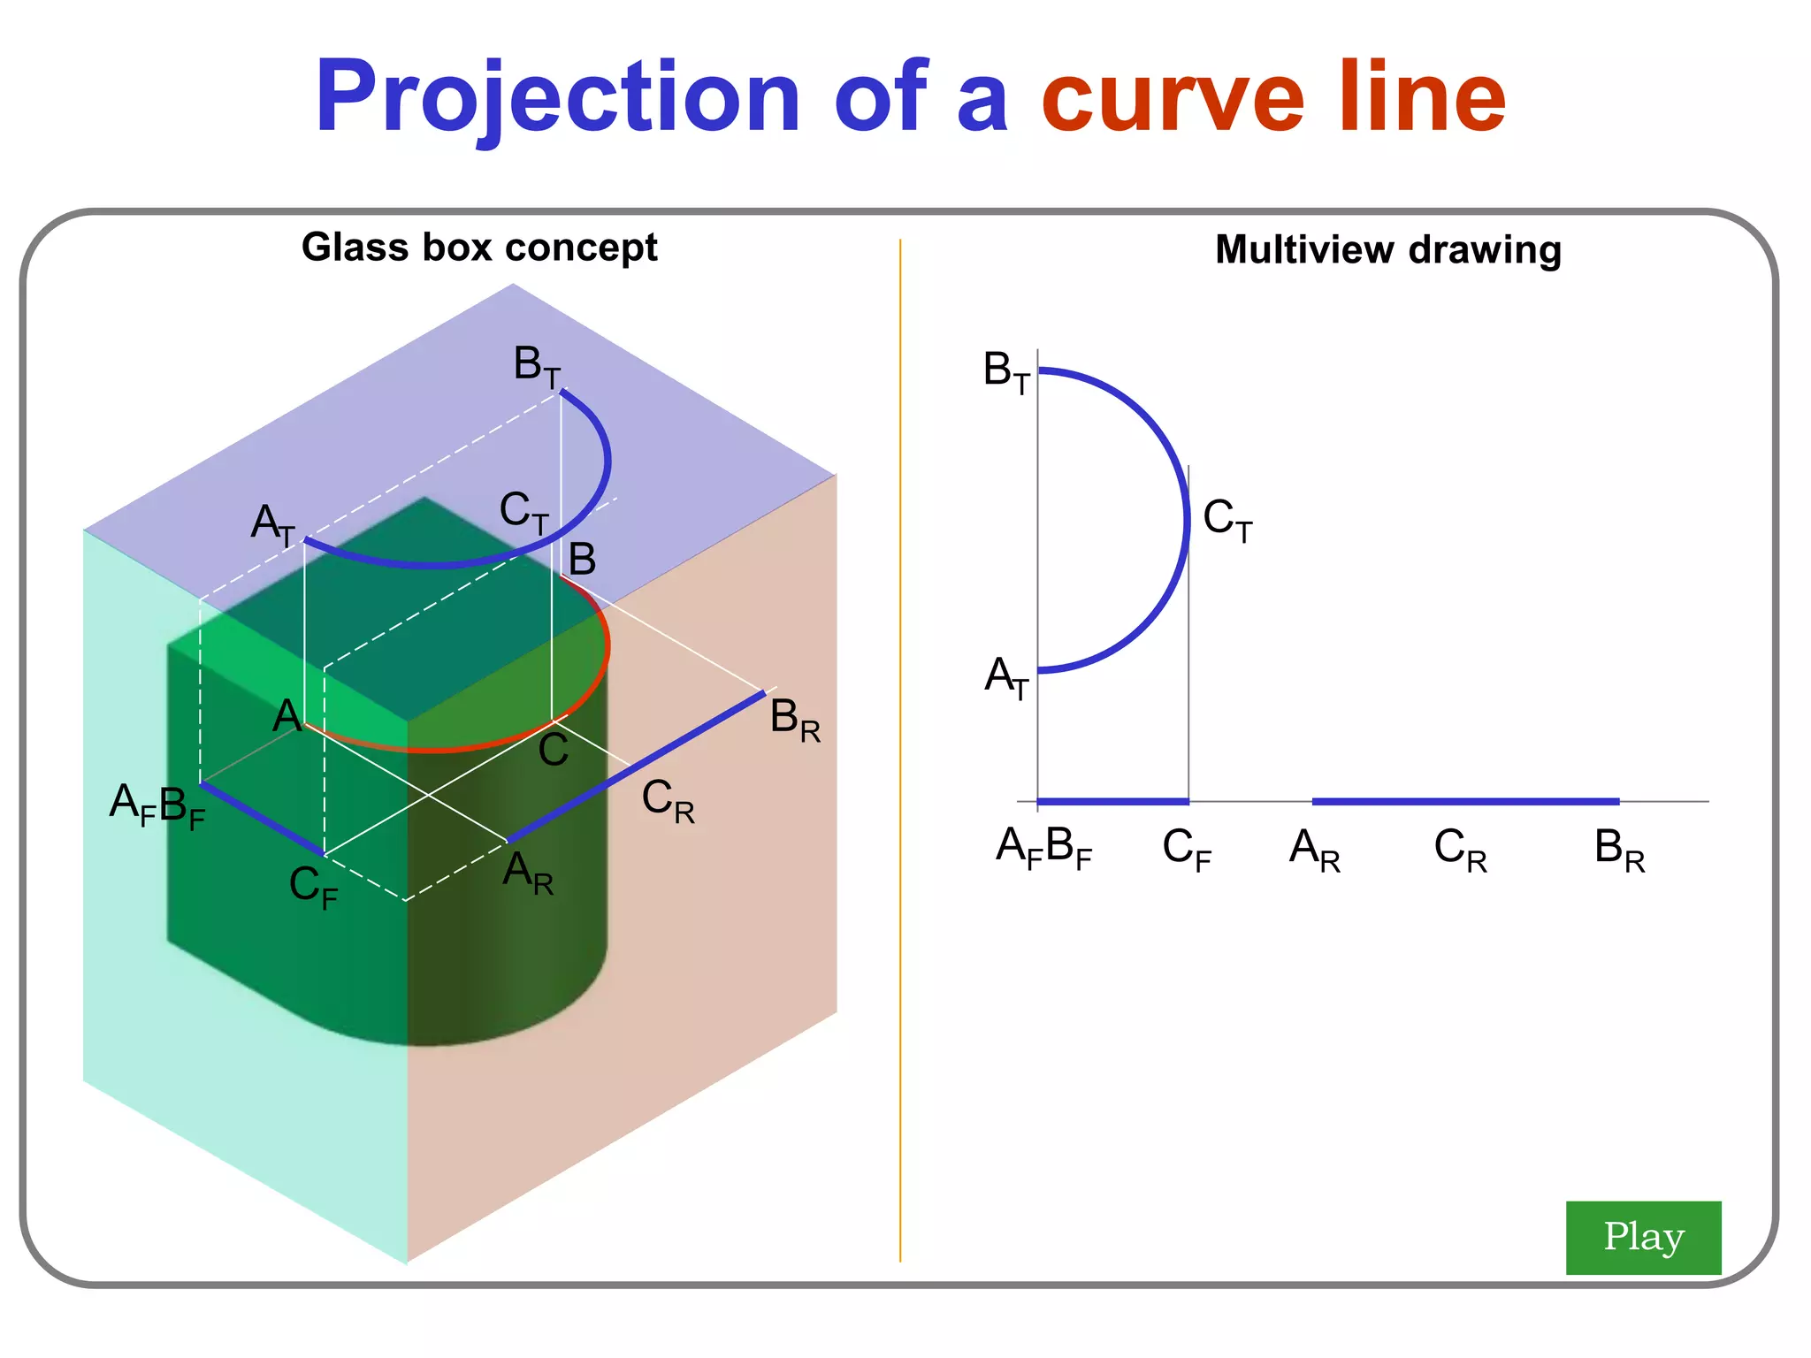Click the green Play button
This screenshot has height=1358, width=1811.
tap(1642, 1237)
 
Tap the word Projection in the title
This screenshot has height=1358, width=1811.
tap(557, 99)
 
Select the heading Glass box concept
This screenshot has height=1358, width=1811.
tap(479, 248)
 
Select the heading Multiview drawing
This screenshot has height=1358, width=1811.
tap(1387, 250)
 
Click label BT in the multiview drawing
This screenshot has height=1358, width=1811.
tap(1006, 372)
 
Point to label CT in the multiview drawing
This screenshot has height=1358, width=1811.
tap(1227, 520)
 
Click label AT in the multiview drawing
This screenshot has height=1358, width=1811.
tap(1007, 678)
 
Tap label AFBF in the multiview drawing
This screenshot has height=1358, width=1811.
tap(1043, 848)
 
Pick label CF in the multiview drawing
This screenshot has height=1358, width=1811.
tap(1186, 850)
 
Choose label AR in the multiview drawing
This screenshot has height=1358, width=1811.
tap(1314, 850)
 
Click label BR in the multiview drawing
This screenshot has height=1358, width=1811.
tap(1618, 850)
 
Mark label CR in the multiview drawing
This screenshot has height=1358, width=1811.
tap(1460, 850)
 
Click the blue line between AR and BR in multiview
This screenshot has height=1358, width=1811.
tap(1465, 802)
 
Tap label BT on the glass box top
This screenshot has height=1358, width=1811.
tap(537, 366)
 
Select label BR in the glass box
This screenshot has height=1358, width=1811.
tap(794, 720)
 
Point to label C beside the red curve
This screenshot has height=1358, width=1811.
tap(554, 751)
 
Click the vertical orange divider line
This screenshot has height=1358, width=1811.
tap(900, 751)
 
